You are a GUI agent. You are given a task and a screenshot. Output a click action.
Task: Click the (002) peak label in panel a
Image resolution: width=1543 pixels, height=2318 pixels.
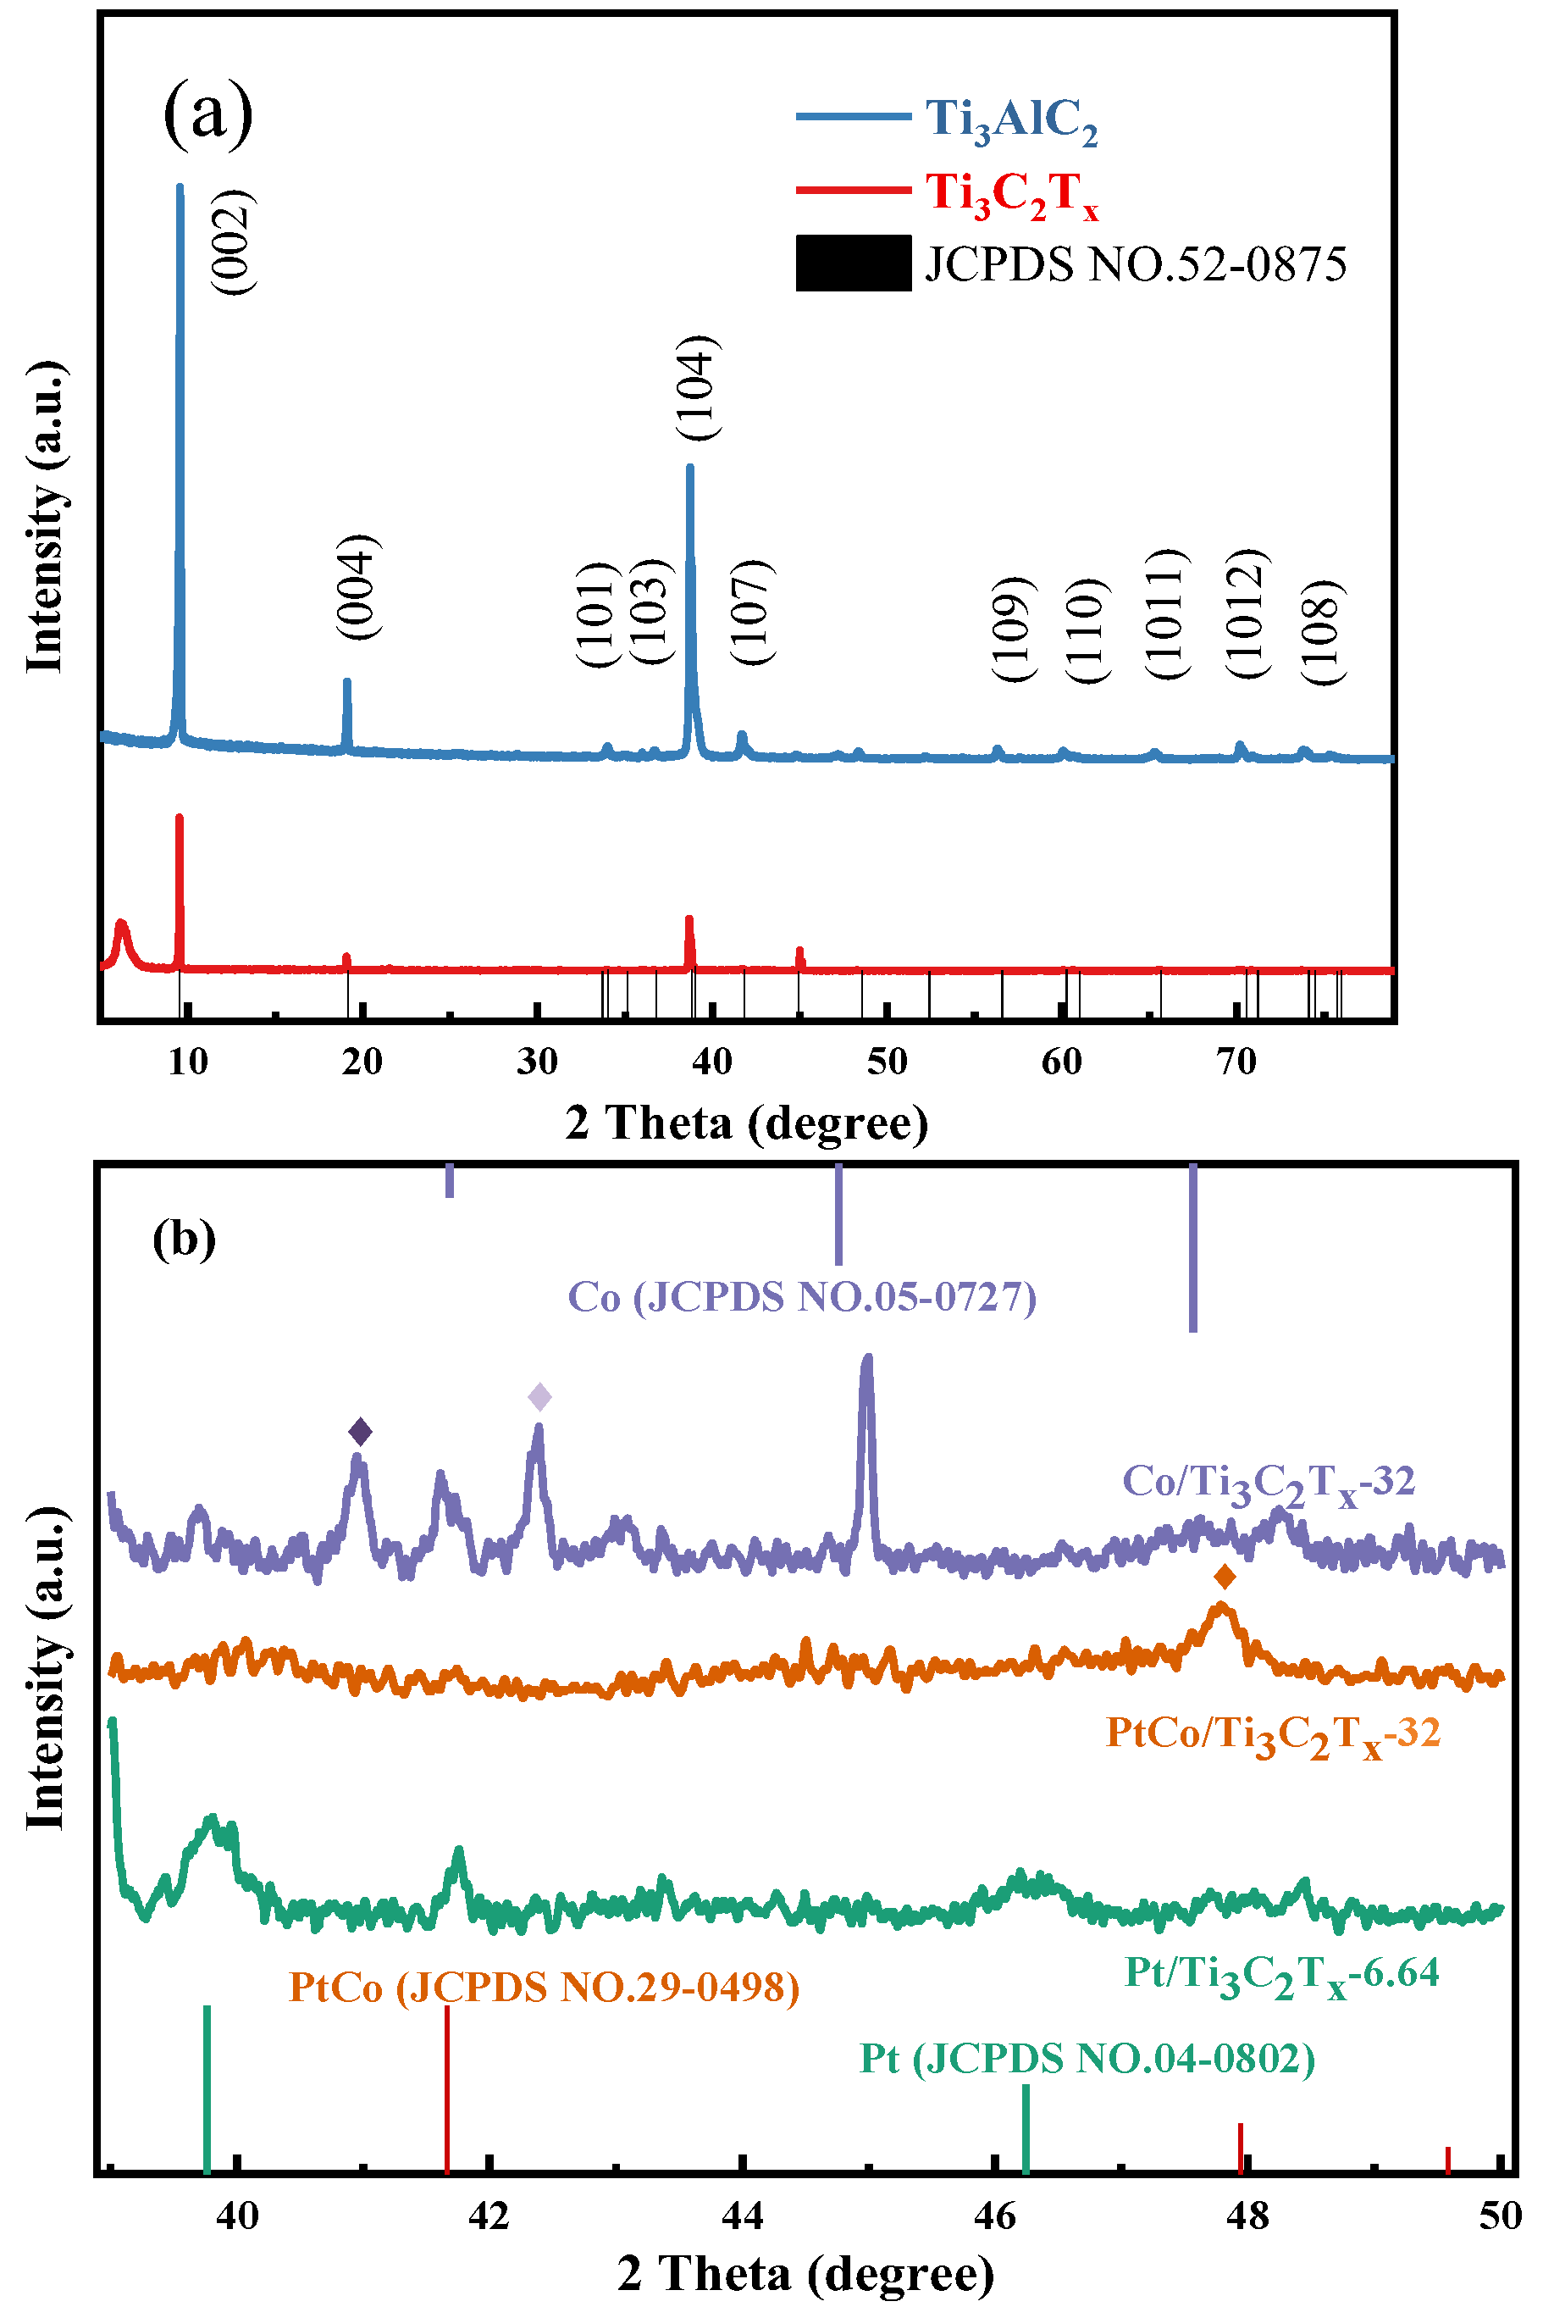pos(235,242)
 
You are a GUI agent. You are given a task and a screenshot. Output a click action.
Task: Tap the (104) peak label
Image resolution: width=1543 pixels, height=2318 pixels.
pos(698,388)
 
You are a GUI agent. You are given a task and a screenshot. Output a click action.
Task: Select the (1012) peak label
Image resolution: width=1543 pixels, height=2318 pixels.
pos(1247,613)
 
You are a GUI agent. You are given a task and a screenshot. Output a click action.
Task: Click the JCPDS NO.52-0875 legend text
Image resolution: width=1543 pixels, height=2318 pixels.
pos(1135,263)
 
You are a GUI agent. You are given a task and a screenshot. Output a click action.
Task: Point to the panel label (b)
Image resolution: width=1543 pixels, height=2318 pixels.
pos(184,1239)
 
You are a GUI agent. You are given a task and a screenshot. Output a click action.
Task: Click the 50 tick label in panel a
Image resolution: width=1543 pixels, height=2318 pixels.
pos(887,1061)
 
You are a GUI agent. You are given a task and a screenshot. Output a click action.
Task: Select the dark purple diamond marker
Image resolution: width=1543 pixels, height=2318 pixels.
pos(360,1431)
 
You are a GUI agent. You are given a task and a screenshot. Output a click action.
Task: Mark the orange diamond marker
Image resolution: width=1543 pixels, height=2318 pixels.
pos(1225,1577)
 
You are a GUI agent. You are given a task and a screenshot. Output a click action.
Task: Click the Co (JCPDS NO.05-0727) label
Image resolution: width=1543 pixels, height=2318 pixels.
pos(802,1297)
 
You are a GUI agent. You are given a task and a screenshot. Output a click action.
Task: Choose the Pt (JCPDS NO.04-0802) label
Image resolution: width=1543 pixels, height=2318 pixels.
pos(1087,2059)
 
